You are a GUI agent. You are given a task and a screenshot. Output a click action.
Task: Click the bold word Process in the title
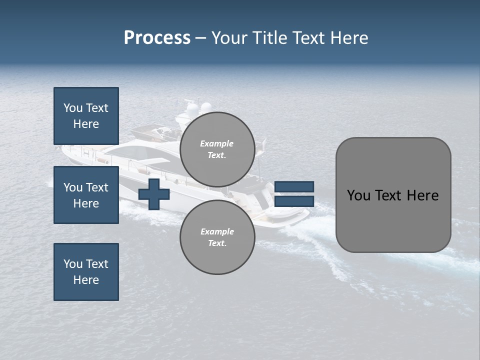coord(157,38)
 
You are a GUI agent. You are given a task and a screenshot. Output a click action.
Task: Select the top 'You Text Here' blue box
coord(86,116)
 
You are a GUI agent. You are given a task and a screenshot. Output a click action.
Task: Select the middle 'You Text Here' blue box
coord(86,195)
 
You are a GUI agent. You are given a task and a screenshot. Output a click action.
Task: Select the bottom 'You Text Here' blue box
coord(86,272)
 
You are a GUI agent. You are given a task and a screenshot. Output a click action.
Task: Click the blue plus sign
coord(154,194)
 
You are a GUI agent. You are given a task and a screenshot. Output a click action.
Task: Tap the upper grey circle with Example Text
coord(217,149)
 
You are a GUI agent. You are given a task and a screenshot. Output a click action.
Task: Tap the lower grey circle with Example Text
coord(217,237)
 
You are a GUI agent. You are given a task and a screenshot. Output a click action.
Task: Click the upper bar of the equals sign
coord(294,187)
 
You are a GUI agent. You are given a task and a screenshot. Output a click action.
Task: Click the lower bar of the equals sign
coord(294,201)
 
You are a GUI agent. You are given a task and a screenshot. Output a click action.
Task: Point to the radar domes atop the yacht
coord(198,107)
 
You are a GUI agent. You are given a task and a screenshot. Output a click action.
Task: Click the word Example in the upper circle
coord(217,143)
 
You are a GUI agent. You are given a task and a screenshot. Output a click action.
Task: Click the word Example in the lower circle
coord(217,231)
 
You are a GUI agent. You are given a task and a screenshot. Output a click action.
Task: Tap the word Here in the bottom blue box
coord(86,280)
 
